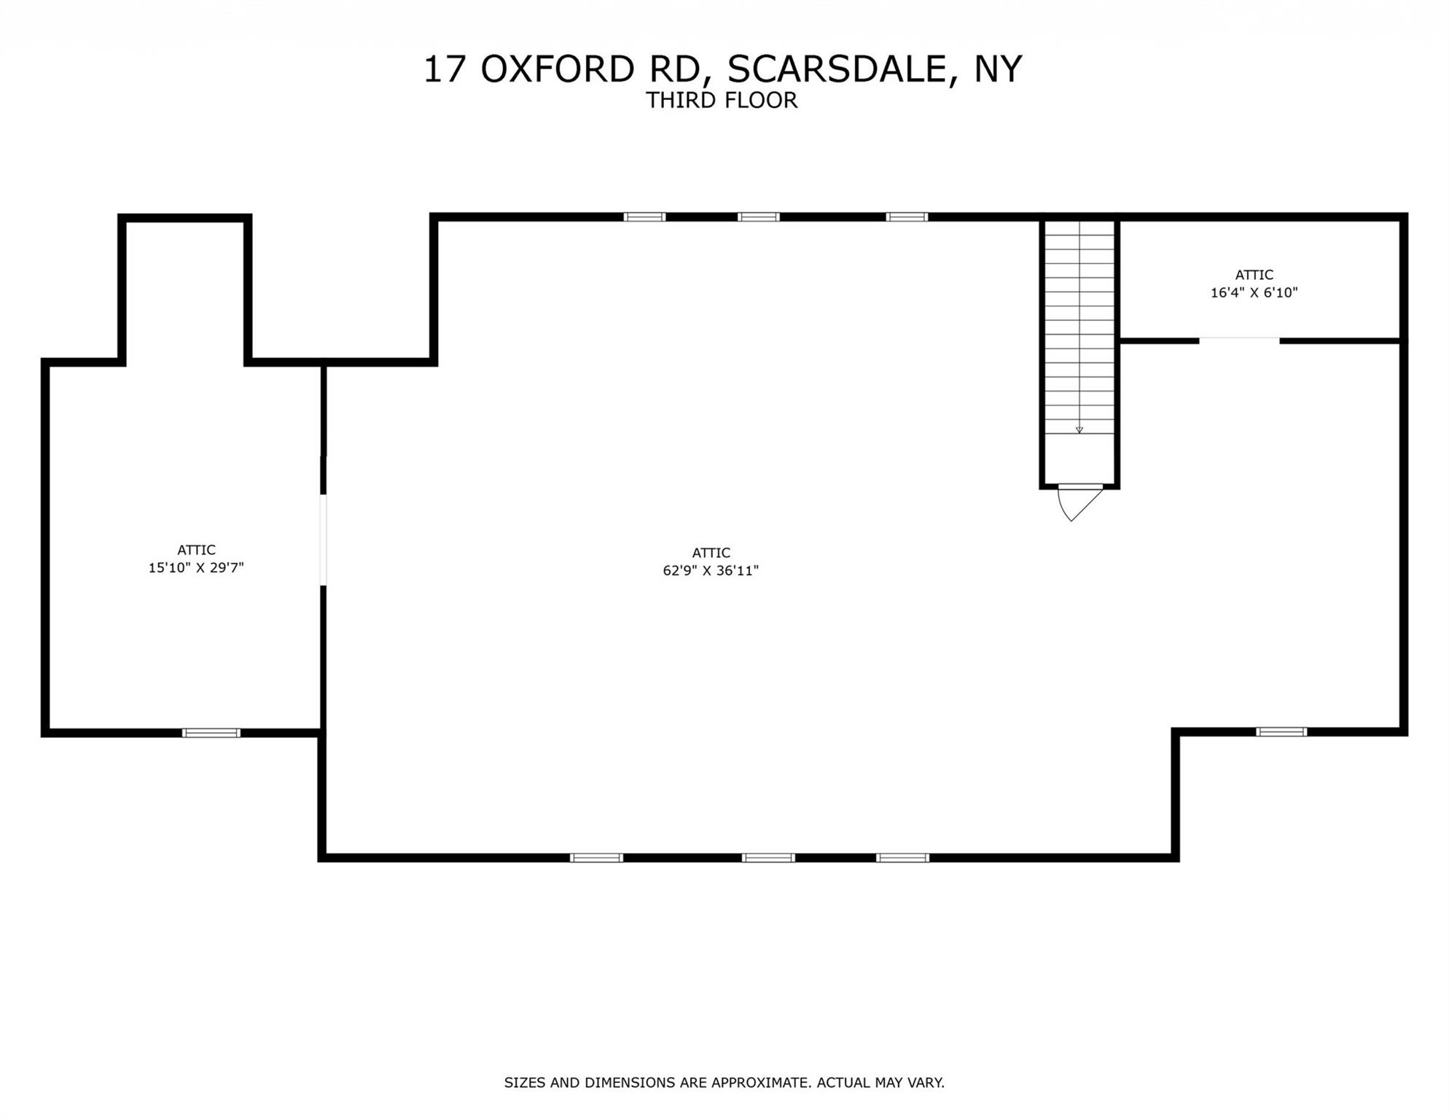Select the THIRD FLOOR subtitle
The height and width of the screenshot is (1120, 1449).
click(x=722, y=101)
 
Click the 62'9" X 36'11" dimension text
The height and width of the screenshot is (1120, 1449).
click(x=711, y=571)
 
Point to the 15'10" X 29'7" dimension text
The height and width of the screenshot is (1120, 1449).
click(x=196, y=568)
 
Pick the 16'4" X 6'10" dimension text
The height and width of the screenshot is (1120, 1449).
click(x=1254, y=293)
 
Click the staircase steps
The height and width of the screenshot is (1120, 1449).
click(x=1079, y=328)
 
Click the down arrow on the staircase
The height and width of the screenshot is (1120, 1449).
click(x=1079, y=430)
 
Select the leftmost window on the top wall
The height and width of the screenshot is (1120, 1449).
click(x=644, y=217)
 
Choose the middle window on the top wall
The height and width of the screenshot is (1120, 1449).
click(x=758, y=217)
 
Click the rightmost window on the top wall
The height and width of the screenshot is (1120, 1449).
click(x=907, y=217)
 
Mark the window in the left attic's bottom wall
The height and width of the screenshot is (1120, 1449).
click(x=211, y=733)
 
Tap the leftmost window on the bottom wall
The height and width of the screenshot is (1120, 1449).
click(x=596, y=857)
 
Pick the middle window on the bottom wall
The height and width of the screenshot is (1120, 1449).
click(x=768, y=857)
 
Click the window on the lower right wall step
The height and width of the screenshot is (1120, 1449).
click(x=1281, y=732)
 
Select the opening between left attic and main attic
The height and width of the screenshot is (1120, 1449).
click(x=323, y=540)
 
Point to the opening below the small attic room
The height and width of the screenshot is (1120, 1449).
click(x=1239, y=341)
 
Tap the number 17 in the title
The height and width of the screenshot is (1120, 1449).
click(x=444, y=69)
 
